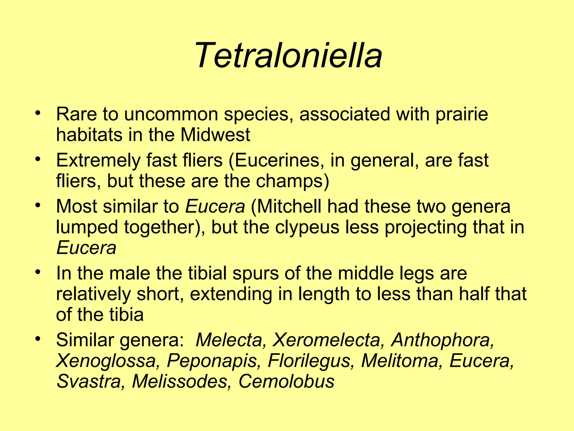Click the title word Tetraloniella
coord(287,55)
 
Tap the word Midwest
coord(215,135)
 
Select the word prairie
coord(462,114)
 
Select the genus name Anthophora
coord(443,340)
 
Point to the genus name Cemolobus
coord(286,381)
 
